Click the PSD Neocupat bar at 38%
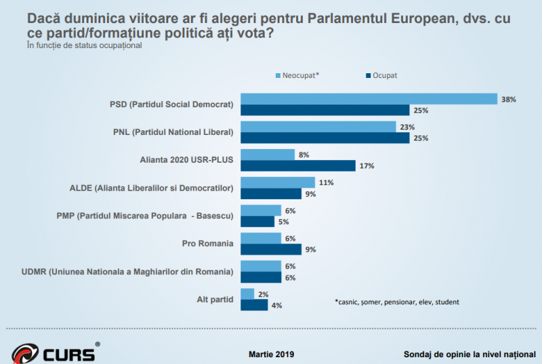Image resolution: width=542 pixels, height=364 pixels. (369, 99)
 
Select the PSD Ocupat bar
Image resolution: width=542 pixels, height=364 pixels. (325, 110)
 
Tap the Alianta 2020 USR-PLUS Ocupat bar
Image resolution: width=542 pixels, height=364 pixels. (298, 166)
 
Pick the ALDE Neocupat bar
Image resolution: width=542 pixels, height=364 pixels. (278, 182)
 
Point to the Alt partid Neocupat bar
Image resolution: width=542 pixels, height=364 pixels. (247, 294)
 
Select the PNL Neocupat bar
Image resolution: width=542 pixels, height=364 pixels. (318, 127)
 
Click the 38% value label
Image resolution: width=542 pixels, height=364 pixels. (509, 99)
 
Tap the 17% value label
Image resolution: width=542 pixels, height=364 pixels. (367, 166)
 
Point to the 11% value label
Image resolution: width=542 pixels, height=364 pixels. (326, 182)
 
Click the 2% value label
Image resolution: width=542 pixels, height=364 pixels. (263, 294)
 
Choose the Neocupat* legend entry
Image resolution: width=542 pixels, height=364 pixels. (298, 75)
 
